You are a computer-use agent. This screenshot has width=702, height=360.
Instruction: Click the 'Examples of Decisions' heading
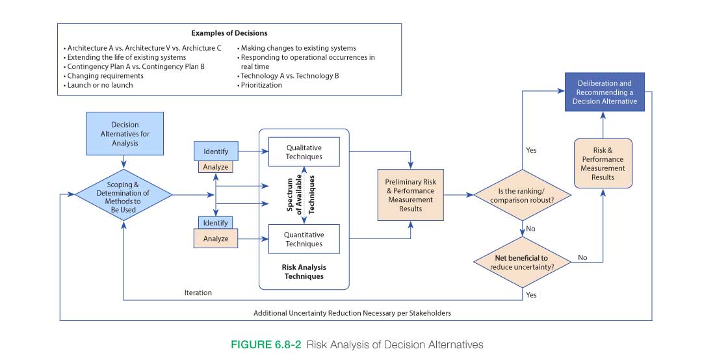click(229, 32)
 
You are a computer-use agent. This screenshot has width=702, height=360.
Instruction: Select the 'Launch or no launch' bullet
click(100, 85)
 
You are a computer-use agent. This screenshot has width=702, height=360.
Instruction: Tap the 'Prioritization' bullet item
click(262, 85)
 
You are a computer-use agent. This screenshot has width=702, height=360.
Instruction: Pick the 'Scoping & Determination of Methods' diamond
click(123, 193)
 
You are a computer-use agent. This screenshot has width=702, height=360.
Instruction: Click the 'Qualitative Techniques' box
click(304, 151)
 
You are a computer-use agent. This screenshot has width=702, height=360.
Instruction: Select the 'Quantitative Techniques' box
click(304, 239)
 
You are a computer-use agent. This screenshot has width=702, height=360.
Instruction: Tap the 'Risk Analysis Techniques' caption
click(304, 272)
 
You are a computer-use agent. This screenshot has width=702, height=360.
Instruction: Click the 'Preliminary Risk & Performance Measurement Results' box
click(411, 195)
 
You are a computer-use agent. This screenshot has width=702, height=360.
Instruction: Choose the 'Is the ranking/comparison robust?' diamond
click(522, 195)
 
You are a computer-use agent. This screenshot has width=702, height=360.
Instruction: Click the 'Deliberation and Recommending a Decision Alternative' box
click(603, 92)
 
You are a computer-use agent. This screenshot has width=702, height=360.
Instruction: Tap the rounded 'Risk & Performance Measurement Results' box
click(603, 164)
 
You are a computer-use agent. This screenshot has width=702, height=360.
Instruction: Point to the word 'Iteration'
click(198, 292)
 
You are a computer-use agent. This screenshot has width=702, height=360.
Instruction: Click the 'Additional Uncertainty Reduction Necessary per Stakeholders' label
click(352, 313)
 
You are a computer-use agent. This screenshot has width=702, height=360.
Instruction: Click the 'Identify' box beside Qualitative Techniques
click(215, 152)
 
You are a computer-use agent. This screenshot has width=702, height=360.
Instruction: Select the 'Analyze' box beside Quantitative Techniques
click(215, 238)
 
